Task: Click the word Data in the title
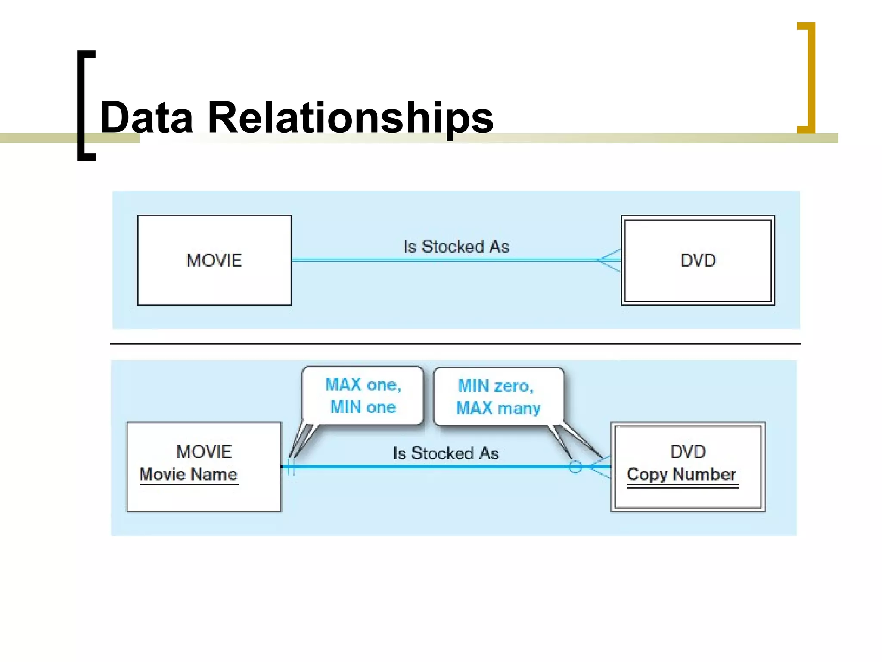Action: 146,117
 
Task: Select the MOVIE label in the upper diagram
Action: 214,260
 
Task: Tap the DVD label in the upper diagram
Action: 698,260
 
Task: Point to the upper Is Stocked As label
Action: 456,247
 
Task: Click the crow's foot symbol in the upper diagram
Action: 609,260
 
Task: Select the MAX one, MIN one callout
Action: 363,396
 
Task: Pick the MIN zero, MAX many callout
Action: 498,397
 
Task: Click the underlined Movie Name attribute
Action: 188,474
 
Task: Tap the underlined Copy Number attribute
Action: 681,474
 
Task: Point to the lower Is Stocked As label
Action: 446,453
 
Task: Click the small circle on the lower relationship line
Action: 575,467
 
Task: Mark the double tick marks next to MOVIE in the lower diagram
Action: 292,467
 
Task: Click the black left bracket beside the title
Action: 85,106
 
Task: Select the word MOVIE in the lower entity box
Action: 204,452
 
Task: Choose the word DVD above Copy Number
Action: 688,452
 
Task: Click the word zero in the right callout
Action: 512,386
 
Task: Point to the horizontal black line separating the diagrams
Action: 455,344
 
